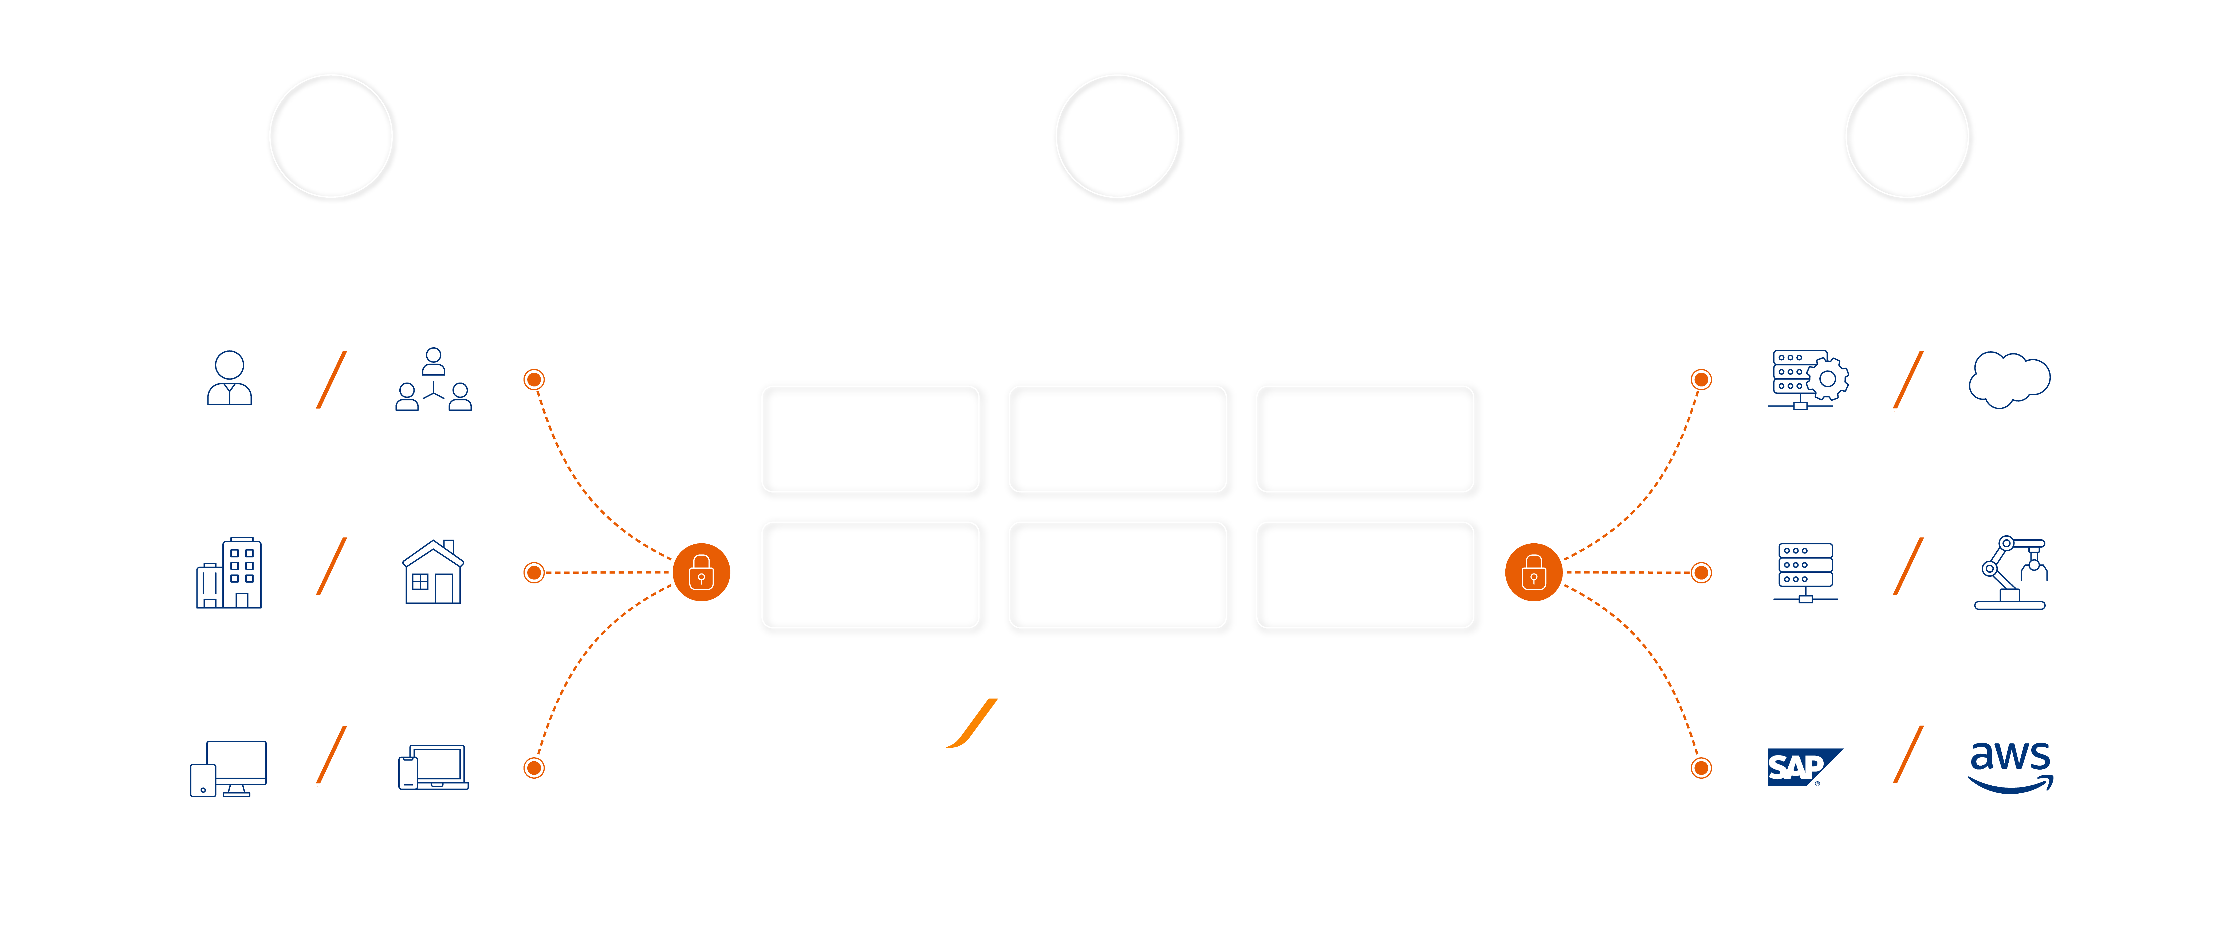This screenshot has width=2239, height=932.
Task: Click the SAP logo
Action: coord(1804,767)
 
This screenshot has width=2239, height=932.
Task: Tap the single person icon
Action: coord(230,378)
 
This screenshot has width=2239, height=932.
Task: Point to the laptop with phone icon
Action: coord(433,767)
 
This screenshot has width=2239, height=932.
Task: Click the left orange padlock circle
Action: coord(701,572)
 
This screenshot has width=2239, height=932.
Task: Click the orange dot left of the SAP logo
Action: coord(1701,768)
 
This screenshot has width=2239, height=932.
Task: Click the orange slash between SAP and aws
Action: coord(1908,755)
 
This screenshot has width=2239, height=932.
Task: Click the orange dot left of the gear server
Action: coord(1701,379)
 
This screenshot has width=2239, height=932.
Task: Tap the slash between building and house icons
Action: coord(331,566)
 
